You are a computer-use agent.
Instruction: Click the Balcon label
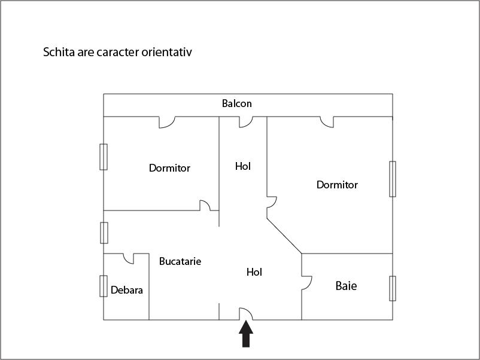coord(236,103)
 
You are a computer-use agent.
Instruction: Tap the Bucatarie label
coord(180,261)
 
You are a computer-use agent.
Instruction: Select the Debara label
coord(126,290)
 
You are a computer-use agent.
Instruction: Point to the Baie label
coord(346,286)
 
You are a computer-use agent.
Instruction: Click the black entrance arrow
coord(246,334)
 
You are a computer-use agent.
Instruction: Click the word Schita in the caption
coord(59,52)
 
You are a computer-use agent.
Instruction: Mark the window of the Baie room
coord(393,288)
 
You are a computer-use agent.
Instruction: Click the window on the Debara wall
coord(104,286)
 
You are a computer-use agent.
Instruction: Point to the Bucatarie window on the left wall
coord(104,233)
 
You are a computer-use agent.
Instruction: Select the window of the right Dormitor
coord(393,179)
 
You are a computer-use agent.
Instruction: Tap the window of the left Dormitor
coord(104,157)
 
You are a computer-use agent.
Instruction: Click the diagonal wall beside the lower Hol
coord(284,236)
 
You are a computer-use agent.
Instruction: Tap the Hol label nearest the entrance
coord(254,272)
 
